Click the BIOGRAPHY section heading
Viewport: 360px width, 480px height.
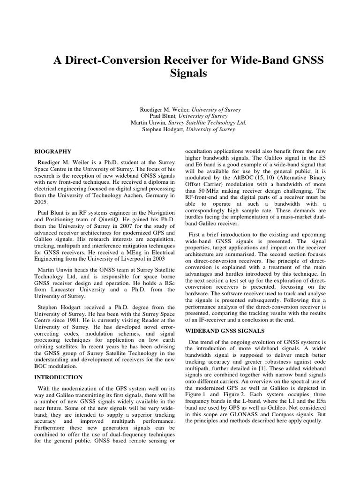pyautogui.click(x=53, y=151)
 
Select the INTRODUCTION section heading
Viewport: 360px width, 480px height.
pyautogui.click(x=59, y=377)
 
